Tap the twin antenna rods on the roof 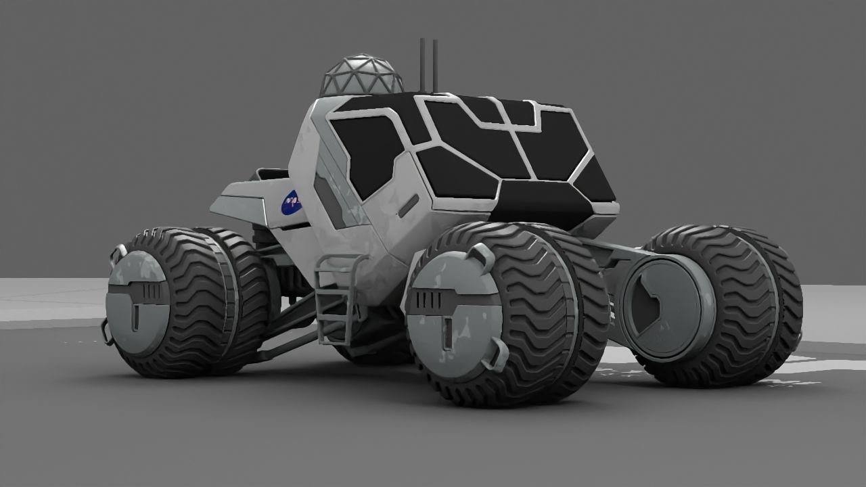(x=428, y=65)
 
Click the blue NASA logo (x=292, y=202)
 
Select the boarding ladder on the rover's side (x=336, y=298)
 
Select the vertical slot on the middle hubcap (x=448, y=332)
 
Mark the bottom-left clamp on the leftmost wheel (x=106, y=332)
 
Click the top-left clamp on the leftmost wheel (x=118, y=254)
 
